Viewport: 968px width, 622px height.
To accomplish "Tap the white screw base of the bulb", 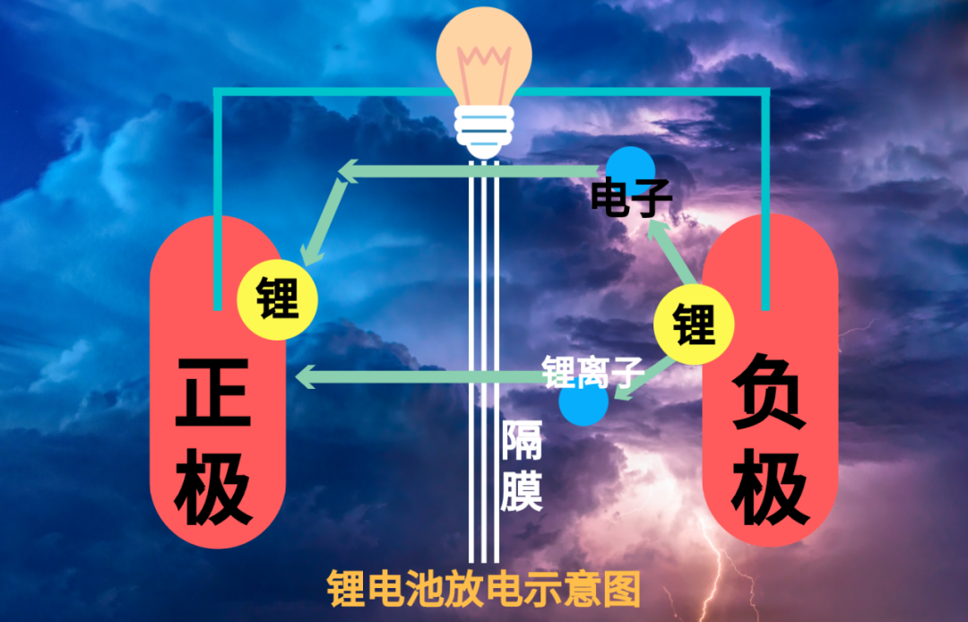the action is [x=484, y=130].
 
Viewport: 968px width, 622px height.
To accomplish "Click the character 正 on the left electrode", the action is [x=213, y=394].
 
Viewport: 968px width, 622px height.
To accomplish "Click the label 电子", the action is [x=627, y=200].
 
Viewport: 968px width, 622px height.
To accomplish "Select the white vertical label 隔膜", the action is [x=521, y=465].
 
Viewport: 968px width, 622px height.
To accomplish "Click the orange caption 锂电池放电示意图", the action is [x=484, y=589].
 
